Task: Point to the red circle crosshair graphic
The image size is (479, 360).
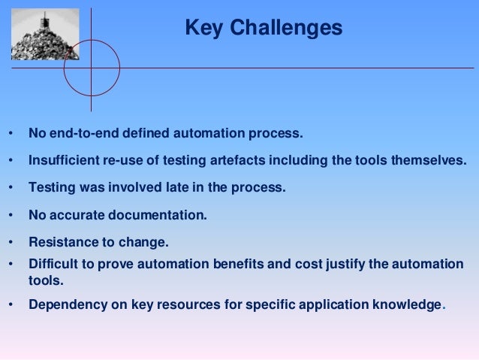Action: point(92,68)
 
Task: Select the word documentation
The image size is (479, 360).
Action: point(156,215)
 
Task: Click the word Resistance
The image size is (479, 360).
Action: point(62,242)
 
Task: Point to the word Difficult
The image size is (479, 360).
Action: point(53,264)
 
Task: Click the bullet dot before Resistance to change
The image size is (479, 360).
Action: point(11,243)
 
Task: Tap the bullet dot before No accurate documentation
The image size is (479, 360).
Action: point(11,216)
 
